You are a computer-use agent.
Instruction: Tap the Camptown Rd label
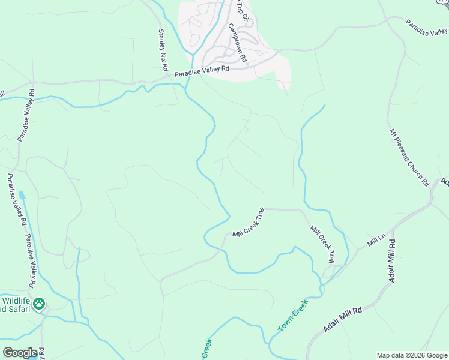238,43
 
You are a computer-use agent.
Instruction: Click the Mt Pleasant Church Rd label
409,157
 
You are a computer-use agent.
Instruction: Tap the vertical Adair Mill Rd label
393,261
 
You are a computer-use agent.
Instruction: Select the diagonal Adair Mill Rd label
342,320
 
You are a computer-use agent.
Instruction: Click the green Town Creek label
292,316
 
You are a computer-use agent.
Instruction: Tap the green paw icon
39,304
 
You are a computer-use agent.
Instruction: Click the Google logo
20,352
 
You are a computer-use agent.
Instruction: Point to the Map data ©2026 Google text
411,355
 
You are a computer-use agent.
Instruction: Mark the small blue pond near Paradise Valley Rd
22,194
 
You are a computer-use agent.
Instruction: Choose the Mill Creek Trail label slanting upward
249,223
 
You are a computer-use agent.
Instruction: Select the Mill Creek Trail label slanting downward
322,244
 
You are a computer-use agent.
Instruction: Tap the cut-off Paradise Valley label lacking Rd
427,28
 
